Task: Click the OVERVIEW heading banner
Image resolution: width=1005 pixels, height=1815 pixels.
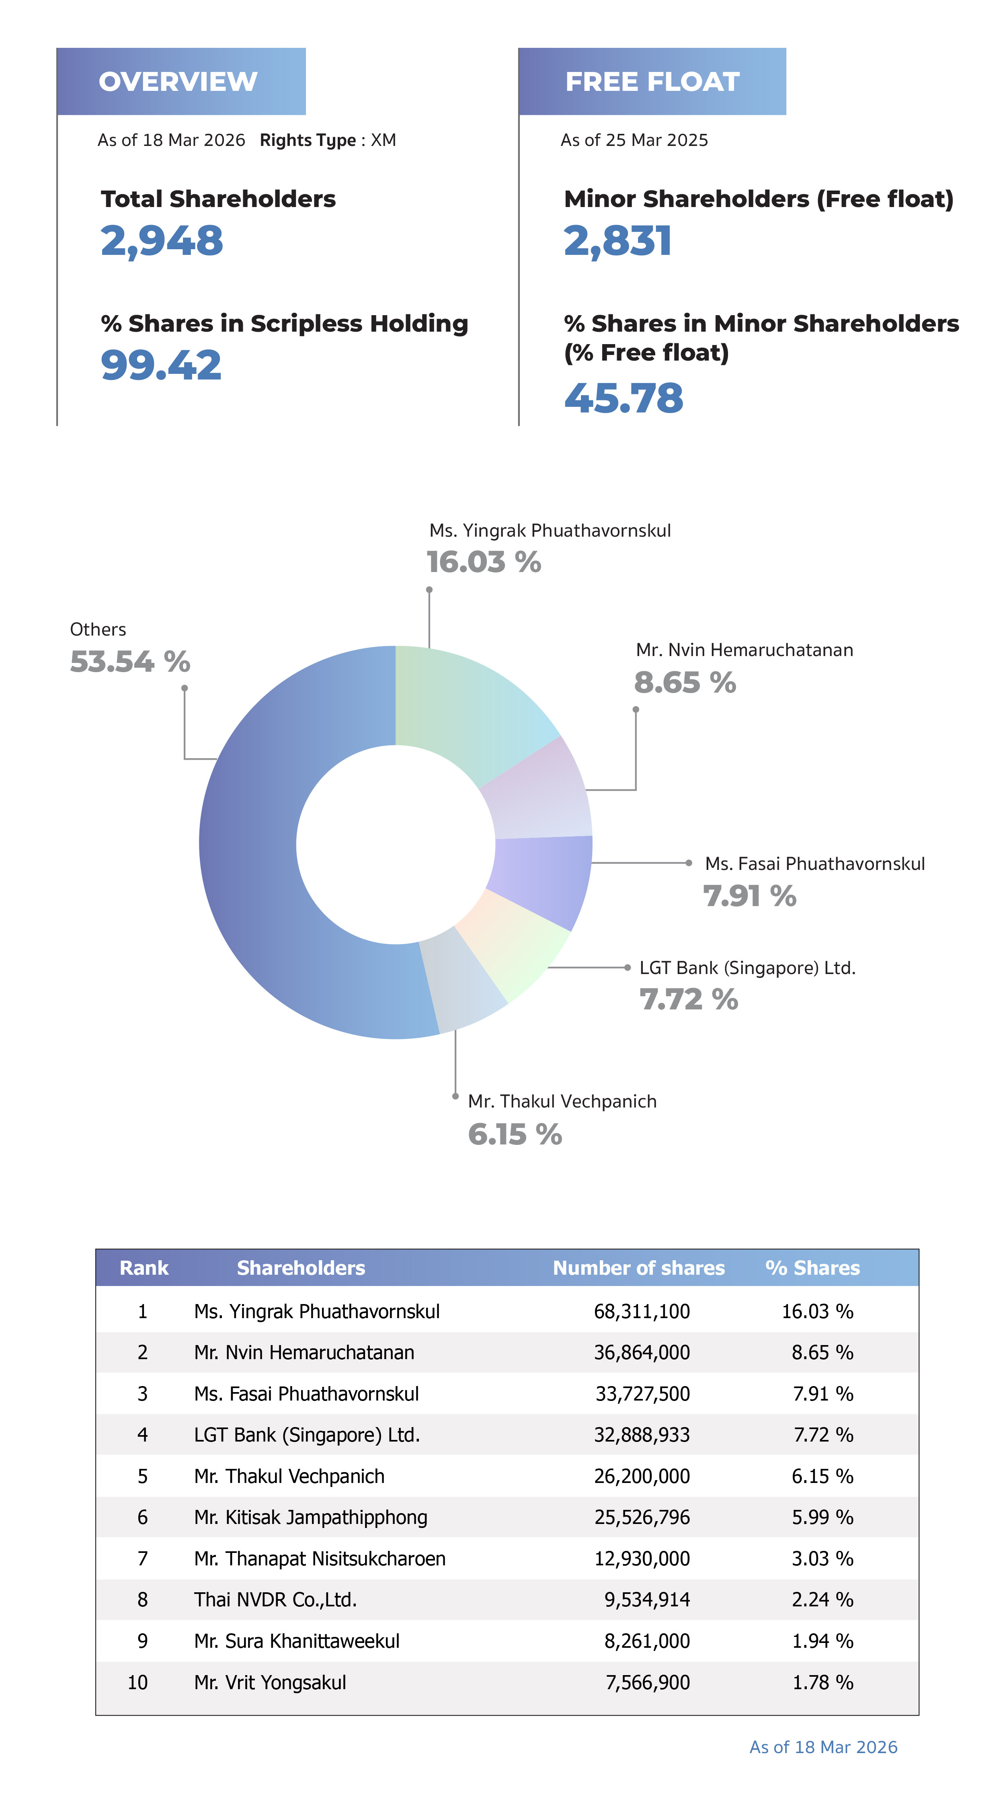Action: pyautogui.click(x=180, y=82)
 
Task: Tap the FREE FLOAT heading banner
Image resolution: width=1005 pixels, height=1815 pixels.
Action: pyautogui.click(x=652, y=82)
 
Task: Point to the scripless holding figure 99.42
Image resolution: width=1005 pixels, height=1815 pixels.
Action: pyautogui.click(x=161, y=366)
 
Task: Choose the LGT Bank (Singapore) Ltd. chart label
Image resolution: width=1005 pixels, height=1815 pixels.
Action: pyautogui.click(x=747, y=968)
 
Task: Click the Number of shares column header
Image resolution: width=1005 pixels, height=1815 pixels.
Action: pyautogui.click(x=638, y=1268)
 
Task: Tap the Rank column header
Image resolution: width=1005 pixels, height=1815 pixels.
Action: pyautogui.click(x=144, y=1268)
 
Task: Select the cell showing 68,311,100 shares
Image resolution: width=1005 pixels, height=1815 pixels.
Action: pyautogui.click(x=641, y=1312)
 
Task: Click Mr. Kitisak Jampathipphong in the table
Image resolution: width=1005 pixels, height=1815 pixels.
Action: pyautogui.click(x=311, y=1518)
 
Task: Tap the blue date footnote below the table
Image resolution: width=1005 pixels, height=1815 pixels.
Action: pyautogui.click(x=823, y=1747)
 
